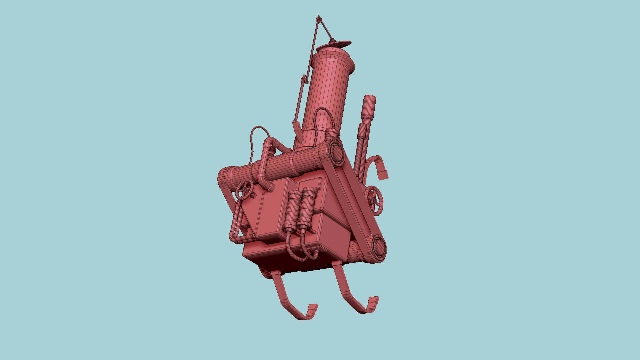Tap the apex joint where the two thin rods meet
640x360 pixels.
tap(319, 18)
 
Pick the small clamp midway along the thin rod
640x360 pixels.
tap(303, 79)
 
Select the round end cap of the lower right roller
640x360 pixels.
tap(379, 248)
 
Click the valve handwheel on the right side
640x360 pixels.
tap(374, 200)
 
